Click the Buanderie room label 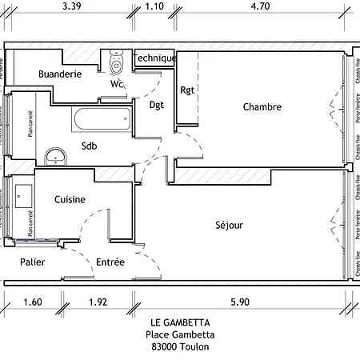click(60, 74)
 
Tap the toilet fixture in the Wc click(114, 61)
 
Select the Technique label click(154, 58)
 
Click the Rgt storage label click(188, 90)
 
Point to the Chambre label click(262, 106)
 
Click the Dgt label click(157, 105)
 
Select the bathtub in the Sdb click(101, 120)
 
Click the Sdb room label click(90, 146)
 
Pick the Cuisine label click(70, 200)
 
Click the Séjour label click(229, 225)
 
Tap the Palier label click(32, 262)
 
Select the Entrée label click(110, 262)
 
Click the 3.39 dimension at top click(70, 6)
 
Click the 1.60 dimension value click(33, 302)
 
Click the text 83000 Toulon click(179, 347)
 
